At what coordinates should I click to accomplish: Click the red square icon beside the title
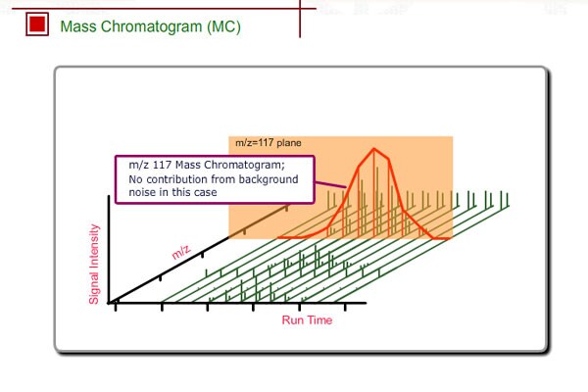point(38,25)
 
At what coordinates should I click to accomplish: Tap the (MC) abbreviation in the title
point(223,26)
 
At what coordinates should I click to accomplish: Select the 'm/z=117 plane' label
point(268,143)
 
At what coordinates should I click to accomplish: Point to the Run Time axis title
point(307,320)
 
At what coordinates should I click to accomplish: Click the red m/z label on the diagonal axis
point(181,253)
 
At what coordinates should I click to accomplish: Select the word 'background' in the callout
point(267,179)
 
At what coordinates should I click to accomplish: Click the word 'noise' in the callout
point(143,193)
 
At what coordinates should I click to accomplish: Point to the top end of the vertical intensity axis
point(110,198)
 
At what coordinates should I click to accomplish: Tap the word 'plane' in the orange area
point(288,143)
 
